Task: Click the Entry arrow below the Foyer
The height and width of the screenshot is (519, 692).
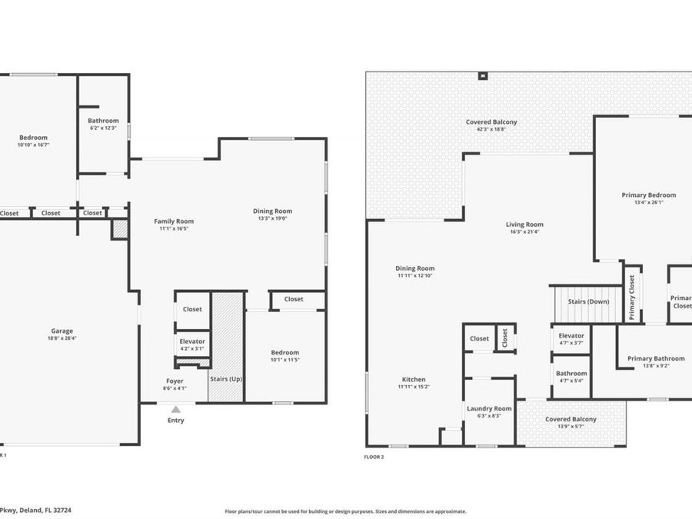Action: point(176,410)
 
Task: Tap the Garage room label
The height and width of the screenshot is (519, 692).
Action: point(62,331)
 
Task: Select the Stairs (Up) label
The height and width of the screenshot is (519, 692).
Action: point(226,378)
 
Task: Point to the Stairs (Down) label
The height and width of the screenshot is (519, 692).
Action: point(588,301)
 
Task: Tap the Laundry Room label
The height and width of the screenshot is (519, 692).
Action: point(490,408)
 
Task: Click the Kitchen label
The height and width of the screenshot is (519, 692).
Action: point(414,380)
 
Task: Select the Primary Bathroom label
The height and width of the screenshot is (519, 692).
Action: point(655,358)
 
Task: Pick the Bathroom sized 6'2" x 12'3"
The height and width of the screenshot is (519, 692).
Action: point(103,127)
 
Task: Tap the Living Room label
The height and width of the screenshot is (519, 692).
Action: point(524,225)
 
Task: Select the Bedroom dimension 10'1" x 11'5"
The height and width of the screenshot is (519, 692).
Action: point(284,359)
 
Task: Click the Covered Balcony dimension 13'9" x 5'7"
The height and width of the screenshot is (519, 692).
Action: point(571,426)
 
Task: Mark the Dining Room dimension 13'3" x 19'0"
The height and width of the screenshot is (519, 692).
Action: point(273,218)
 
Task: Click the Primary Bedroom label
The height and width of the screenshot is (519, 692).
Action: point(648,195)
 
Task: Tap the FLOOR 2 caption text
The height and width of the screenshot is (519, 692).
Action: point(374,456)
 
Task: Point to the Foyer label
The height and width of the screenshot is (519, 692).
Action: point(175,381)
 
